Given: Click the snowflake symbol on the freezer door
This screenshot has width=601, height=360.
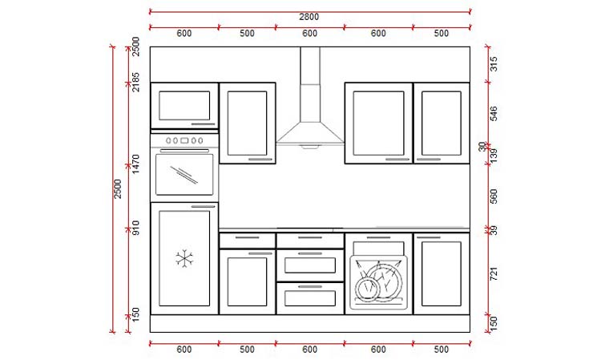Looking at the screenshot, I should click(x=185, y=259).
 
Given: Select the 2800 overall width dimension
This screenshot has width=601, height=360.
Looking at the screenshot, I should click(x=309, y=17).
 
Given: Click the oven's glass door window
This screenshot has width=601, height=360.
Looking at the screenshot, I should click(x=184, y=174).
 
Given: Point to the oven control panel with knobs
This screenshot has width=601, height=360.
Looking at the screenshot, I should click(x=184, y=141).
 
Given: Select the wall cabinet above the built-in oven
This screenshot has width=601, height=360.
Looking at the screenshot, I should click(x=184, y=105).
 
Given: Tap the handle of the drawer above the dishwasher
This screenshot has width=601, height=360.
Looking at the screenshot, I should click(x=378, y=238).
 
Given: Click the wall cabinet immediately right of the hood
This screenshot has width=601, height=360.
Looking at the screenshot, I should click(x=378, y=123).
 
